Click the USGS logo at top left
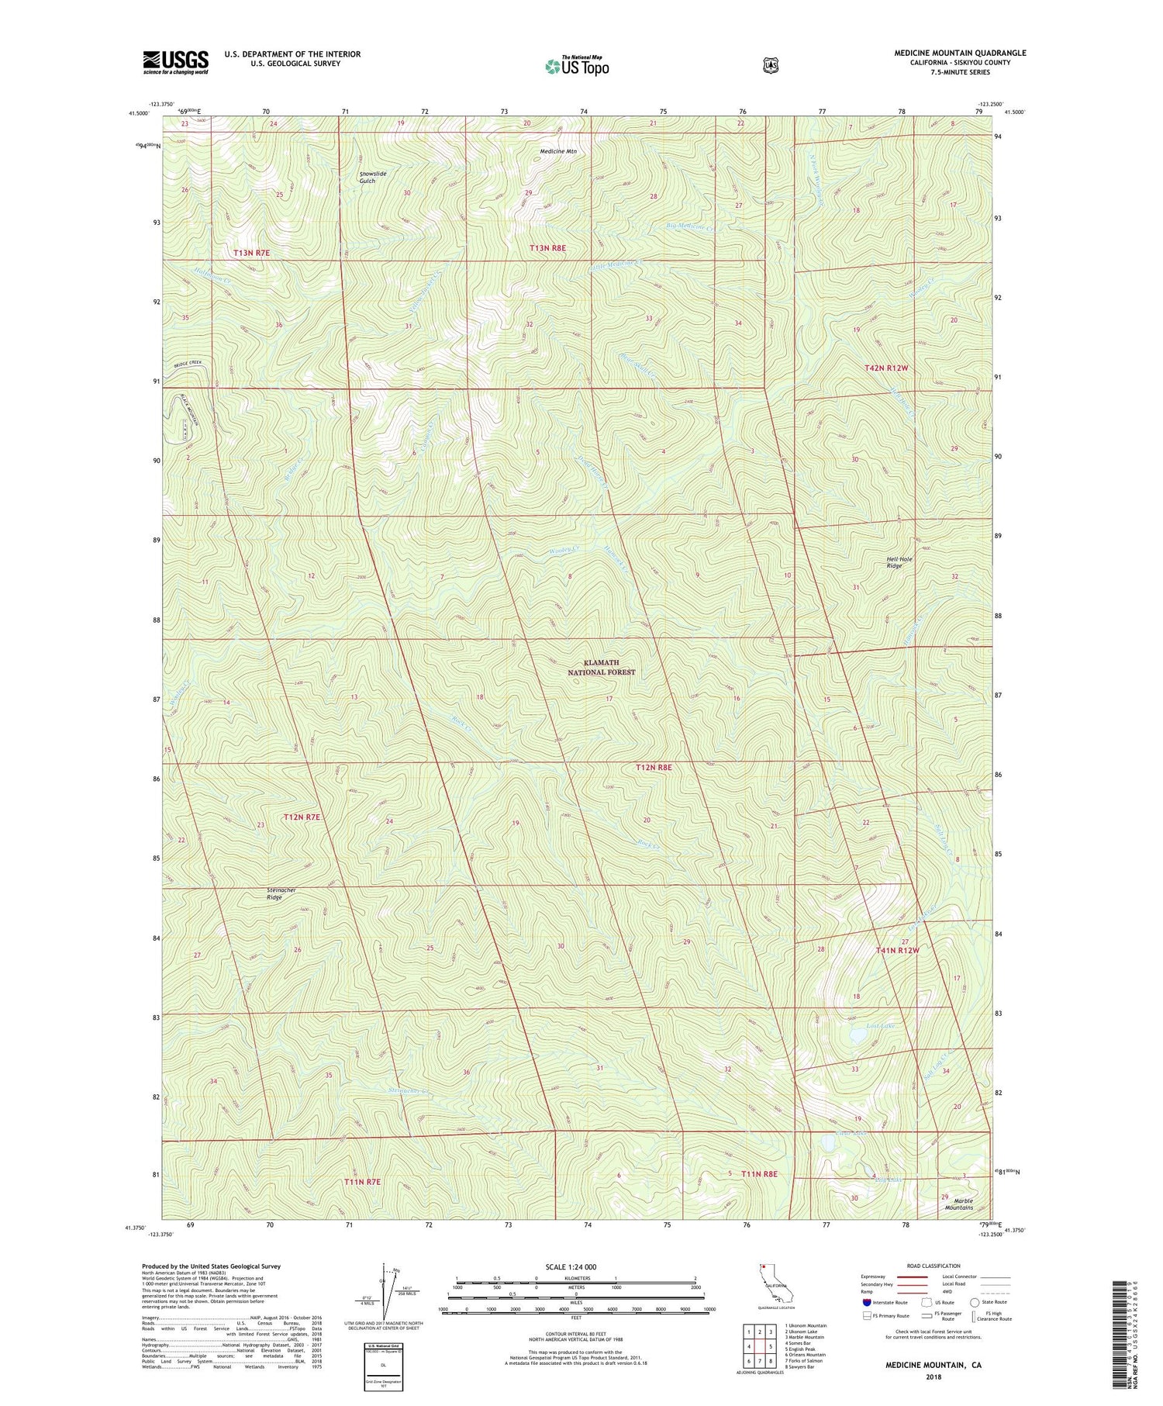click(176, 62)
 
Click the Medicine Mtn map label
click(558, 151)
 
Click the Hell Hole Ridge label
click(899, 562)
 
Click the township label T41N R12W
click(897, 950)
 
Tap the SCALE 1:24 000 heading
click(575, 1267)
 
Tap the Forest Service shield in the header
click(770, 66)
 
